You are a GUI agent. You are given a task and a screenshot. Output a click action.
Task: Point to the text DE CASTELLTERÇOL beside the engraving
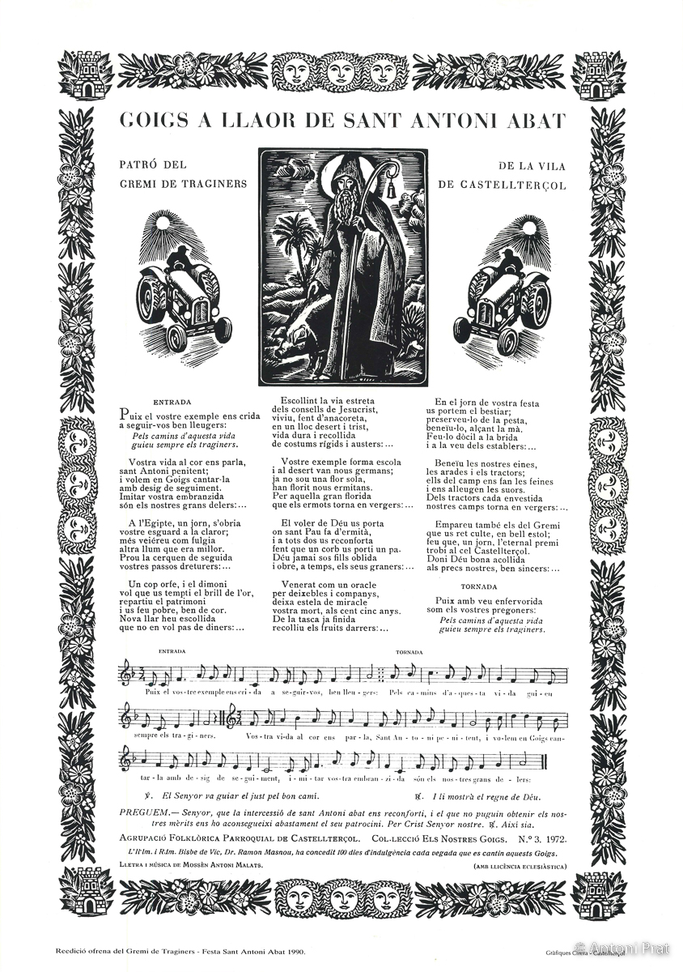point(502,185)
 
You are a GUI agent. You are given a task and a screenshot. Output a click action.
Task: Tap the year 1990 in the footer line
point(296,952)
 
